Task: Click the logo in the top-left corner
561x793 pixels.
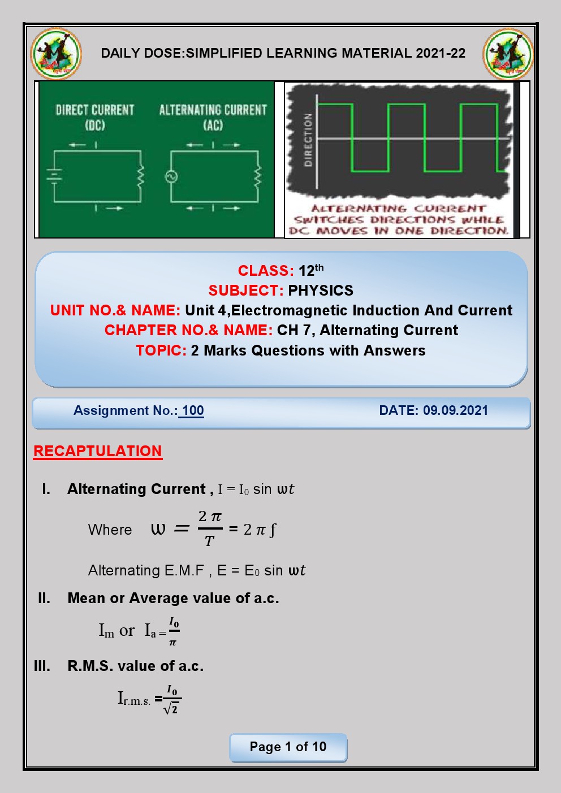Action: [x=56, y=54]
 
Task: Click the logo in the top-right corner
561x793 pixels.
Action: [x=508, y=54]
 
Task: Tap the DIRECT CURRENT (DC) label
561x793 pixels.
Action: [x=95, y=116]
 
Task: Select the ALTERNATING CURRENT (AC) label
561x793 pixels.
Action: [x=213, y=116]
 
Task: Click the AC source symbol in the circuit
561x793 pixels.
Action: [x=171, y=177]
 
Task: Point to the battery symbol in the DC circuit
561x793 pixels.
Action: [x=54, y=175]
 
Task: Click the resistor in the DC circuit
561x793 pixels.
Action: [x=141, y=176]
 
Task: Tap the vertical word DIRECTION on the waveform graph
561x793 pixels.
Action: [x=308, y=140]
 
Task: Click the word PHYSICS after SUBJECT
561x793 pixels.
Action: [x=321, y=291]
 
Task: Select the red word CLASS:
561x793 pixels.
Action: [x=266, y=271]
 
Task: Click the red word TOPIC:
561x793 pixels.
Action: [x=161, y=350]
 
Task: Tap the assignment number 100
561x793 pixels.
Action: [x=193, y=411]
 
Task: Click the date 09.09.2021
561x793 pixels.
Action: [x=455, y=410]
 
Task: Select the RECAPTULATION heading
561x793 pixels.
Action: [x=98, y=451]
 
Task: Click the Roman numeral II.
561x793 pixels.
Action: [x=44, y=598]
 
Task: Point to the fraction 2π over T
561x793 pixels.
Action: [x=210, y=528]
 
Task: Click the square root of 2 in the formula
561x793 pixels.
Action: [x=171, y=708]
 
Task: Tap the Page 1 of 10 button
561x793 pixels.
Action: [x=288, y=747]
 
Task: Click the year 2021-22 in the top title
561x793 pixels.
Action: [x=441, y=53]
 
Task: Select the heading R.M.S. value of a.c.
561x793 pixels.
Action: [x=135, y=666]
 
